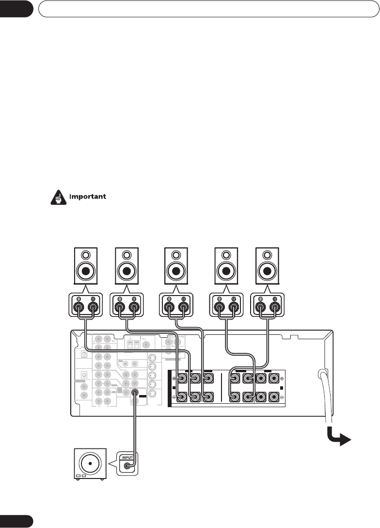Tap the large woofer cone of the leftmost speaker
click(85, 270)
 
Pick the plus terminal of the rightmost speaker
click(275, 307)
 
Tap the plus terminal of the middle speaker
click(183, 307)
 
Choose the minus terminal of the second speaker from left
click(119, 307)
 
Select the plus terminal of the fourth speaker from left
click(234, 307)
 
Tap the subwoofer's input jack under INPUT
click(127, 466)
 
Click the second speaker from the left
click(126, 266)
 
